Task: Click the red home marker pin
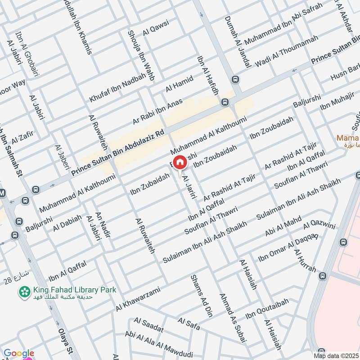pos(180,162)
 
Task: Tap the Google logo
pos(18,354)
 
